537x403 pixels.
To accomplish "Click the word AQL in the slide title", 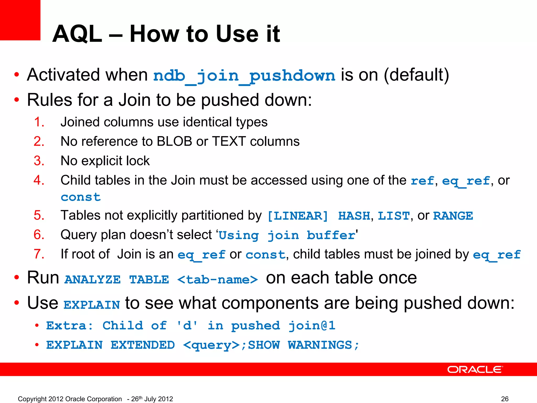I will pyautogui.click(x=77, y=34).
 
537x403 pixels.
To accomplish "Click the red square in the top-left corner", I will pyautogui.click(x=20, y=20).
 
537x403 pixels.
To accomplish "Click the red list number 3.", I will pyautogui.click(x=39, y=161).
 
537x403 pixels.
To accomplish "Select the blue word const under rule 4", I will pyautogui.click(x=81, y=197).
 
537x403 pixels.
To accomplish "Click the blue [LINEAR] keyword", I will pyautogui.click(x=298, y=216).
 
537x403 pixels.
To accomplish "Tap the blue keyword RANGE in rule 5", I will pyautogui.click(x=453, y=216).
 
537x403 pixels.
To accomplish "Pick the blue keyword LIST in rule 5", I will pyautogui.click(x=393, y=216).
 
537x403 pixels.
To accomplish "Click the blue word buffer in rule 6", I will pyautogui.click(x=331, y=235).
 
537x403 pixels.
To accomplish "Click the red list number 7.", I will pyautogui.click(x=39, y=254).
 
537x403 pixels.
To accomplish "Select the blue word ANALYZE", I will pyautogui.click(x=93, y=280).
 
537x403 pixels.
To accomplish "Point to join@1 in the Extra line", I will pyautogui.click(x=312, y=326).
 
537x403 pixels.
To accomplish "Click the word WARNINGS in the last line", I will pyautogui.click(x=320, y=345).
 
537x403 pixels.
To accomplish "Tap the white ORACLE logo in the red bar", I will pyautogui.click(x=475, y=369).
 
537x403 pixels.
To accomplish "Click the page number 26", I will pyautogui.click(x=504, y=399).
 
